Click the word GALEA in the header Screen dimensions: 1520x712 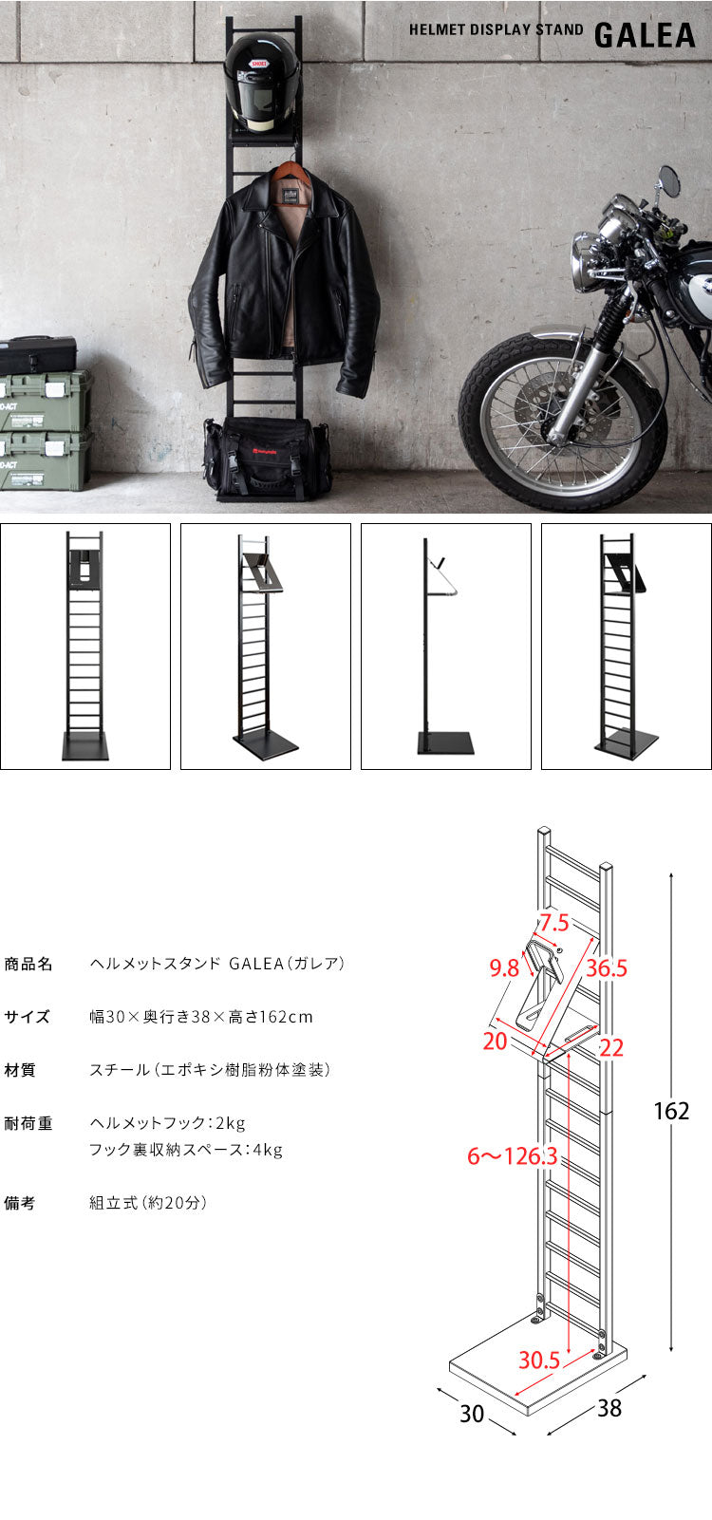pos(645,34)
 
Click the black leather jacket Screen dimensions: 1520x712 pos(285,275)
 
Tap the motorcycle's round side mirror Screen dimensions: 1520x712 pos(669,180)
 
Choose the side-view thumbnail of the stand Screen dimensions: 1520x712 pos(445,646)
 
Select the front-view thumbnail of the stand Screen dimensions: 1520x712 pos(85,646)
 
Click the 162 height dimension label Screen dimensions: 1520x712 pos(670,1110)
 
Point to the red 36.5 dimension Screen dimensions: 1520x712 pos(606,968)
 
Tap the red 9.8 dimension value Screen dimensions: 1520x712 pos(504,968)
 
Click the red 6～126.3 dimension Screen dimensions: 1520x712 pos(512,1156)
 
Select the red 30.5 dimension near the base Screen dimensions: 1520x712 pos(538,1360)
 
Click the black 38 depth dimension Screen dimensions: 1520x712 pos(609,1407)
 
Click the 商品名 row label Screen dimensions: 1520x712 pos(28,964)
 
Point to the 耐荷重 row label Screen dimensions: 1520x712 pos(28,1123)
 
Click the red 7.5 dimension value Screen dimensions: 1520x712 pos(554,922)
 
